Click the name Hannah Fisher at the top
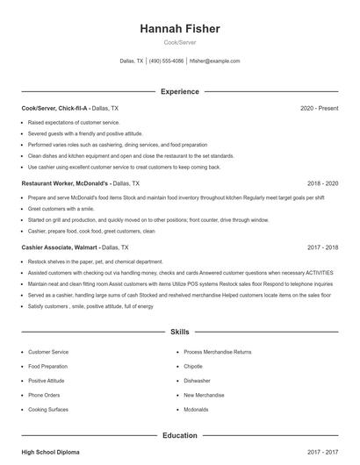tap(179, 29)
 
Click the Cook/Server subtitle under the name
tap(179, 43)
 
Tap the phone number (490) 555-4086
tap(166, 61)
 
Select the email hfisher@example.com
tap(214, 61)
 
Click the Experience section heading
tap(179, 91)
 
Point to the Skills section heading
tap(179, 333)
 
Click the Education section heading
tap(179, 435)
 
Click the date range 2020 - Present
tap(319, 108)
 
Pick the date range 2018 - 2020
tap(322, 183)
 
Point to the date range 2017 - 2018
tap(322, 247)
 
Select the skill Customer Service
tap(48, 351)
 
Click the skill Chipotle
tap(193, 366)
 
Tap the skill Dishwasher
tap(197, 381)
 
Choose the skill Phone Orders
tap(45, 395)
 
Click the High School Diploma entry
tap(50, 452)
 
